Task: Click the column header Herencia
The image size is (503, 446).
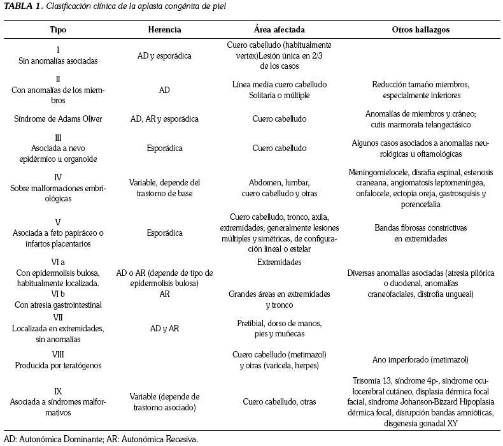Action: (164, 29)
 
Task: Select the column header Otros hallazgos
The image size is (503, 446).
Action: (416, 29)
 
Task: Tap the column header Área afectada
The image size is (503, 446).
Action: (279, 29)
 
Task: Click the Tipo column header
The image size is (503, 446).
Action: (58, 29)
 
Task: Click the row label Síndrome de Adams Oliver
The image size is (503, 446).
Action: (58, 119)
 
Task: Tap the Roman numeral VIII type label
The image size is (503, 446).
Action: (58, 354)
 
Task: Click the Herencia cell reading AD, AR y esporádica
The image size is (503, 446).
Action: (164, 119)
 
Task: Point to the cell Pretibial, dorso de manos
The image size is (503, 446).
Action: (279, 323)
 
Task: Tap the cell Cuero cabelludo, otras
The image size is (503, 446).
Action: (279, 401)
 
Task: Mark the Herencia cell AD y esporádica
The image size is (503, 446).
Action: (164, 55)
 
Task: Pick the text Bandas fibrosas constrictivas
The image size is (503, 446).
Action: (416, 227)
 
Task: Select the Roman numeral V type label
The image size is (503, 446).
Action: (58, 222)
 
